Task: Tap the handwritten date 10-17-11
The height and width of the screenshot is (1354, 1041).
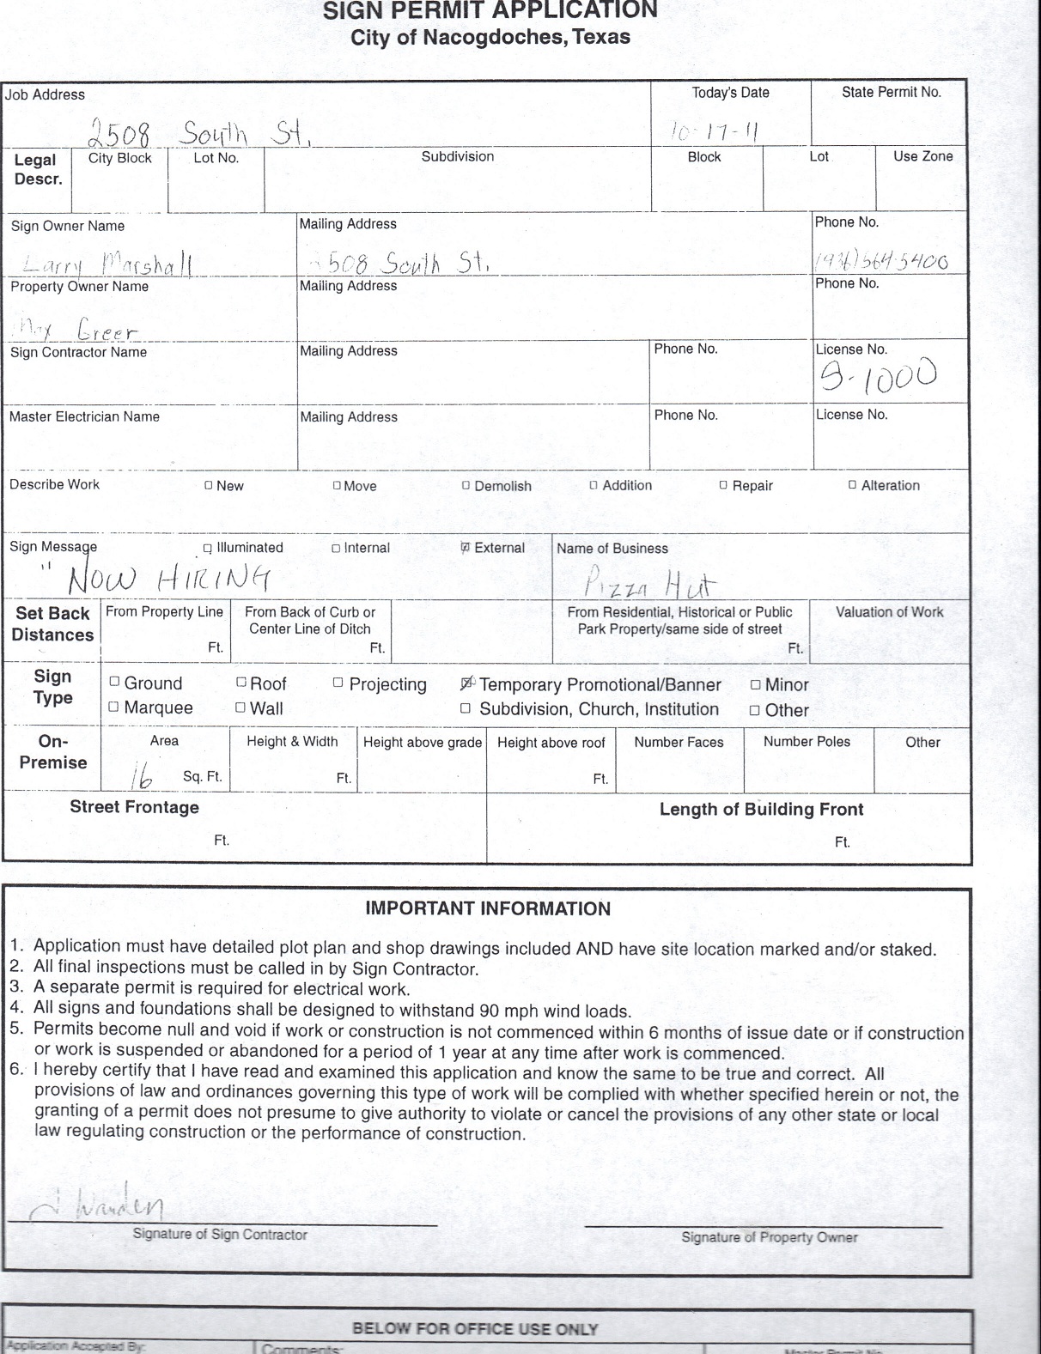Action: (x=715, y=131)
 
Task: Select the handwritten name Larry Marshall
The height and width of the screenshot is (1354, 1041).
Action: (x=107, y=264)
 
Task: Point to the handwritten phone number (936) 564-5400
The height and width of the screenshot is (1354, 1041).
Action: (x=881, y=262)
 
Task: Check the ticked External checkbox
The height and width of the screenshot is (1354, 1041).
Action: (x=466, y=548)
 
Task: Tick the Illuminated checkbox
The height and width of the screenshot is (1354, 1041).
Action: (x=208, y=549)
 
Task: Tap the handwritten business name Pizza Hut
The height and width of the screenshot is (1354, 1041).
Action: (x=649, y=585)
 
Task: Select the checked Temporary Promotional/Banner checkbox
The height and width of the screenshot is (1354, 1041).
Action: (x=466, y=684)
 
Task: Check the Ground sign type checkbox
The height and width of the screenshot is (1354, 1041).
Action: (x=114, y=683)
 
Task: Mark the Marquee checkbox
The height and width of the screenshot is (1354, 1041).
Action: (x=114, y=707)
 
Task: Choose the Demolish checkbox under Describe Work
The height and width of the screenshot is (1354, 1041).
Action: (x=466, y=485)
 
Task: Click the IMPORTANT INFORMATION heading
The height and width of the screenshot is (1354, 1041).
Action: (x=488, y=909)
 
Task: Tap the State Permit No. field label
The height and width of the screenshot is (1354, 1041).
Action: (x=891, y=93)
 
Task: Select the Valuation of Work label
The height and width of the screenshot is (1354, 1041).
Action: (x=889, y=612)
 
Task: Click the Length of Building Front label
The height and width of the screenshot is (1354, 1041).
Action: (x=761, y=810)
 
